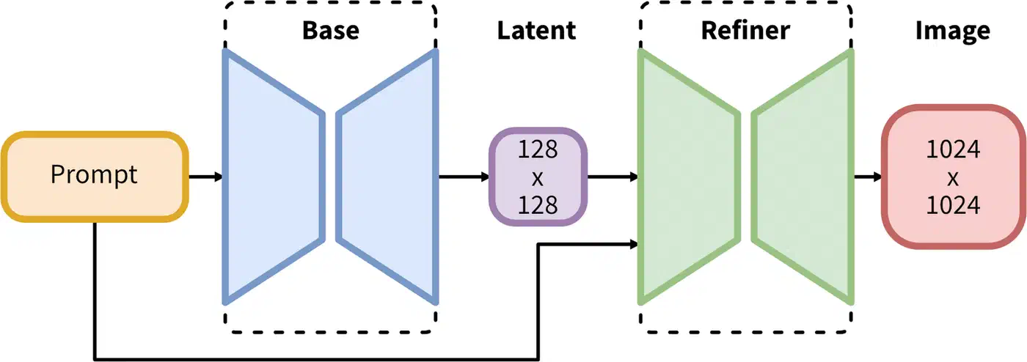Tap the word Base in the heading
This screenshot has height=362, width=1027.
(x=330, y=31)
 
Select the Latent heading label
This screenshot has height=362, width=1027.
(x=536, y=31)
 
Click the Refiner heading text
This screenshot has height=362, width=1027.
(x=745, y=31)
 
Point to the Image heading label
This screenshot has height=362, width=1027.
(x=951, y=31)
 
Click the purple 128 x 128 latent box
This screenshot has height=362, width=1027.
(x=538, y=177)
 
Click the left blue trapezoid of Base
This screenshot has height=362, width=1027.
(x=272, y=177)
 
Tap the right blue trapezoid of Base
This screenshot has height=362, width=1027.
(x=387, y=177)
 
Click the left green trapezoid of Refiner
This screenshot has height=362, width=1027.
(x=687, y=177)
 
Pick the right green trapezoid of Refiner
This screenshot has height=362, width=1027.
(x=803, y=177)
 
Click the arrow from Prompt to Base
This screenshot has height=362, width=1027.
(x=205, y=177)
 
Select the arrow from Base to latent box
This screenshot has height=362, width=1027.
(x=464, y=177)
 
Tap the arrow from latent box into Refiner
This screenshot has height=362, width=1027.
(x=613, y=177)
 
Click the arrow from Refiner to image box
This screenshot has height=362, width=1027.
(x=868, y=177)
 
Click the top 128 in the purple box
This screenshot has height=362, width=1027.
(x=538, y=149)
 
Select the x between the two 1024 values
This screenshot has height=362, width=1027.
(x=952, y=179)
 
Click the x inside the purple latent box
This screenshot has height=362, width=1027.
(x=538, y=177)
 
